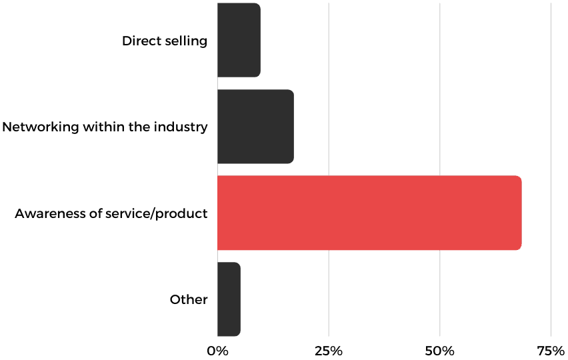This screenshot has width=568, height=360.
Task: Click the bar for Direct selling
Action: pos(239,40)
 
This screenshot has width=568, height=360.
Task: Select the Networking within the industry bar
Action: pos(255,127)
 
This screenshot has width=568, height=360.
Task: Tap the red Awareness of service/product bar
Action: pos(369,213)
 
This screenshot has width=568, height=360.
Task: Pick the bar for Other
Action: pos(229,299)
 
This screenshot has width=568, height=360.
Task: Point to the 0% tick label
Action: pos(217,351)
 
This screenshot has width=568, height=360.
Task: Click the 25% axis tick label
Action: pos(329,351)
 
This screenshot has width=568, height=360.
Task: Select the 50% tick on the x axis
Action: pos(440,351)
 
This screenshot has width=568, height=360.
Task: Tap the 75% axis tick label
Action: pos(551,351)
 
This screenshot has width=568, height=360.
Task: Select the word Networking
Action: pos(37,127)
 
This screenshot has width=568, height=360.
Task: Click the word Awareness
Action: pos(46,214)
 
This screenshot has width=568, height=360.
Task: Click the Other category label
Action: pos(189,299)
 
